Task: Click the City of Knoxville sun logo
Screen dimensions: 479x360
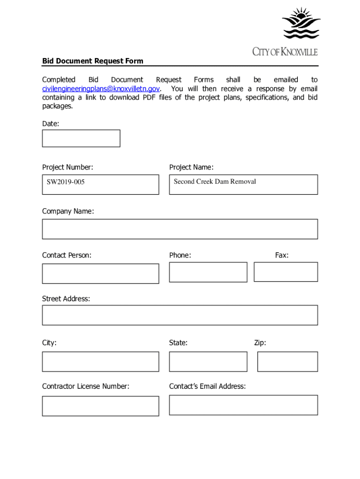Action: [x=301, y=23]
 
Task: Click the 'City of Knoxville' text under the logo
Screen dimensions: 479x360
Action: [x=285, y=52]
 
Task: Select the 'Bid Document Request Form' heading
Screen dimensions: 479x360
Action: [x=93, y=61]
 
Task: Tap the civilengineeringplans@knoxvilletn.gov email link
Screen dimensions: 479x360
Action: [x=101, y=89]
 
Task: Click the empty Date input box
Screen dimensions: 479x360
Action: [x=81, y=138]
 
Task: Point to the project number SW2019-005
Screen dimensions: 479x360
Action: [x=65, y=182]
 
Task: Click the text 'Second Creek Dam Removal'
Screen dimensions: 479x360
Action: [x=215, y=181]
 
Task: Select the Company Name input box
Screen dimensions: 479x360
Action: [x=180, y=229]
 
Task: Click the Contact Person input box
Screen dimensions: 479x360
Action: [x=100, y=274]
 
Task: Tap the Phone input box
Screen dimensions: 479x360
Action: [x=208, y=272]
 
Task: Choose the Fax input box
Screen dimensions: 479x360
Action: [x=286, y=272]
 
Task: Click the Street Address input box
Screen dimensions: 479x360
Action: [x=180, y=315]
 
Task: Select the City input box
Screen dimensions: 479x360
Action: [x=100, y=362]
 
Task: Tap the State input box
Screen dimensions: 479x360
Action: [x=208, y=362]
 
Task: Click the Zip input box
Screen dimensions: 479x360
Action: [x=288, y=362]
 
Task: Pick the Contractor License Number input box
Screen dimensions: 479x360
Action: [x=100, y=406]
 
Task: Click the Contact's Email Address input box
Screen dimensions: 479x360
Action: [x=243, y=405]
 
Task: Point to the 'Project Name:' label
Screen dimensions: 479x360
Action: [x=191, y=167]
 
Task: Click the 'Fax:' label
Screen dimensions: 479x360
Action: [x=281, y=255]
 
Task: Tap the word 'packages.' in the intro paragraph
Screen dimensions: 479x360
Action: [x=58, y=106]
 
